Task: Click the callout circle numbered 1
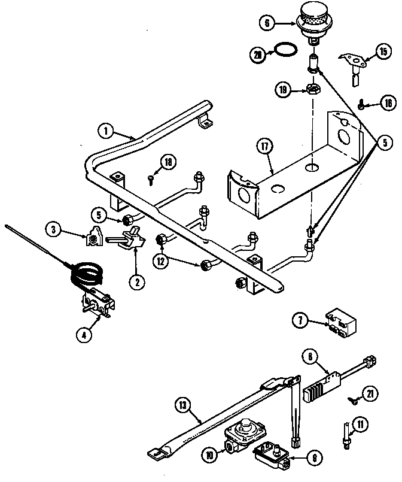pyautogui.click(x=105, y=131)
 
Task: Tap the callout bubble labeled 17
pyautogui.click(x=261, y=146)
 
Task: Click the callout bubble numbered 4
pyautogui.click(x=87, y=335)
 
